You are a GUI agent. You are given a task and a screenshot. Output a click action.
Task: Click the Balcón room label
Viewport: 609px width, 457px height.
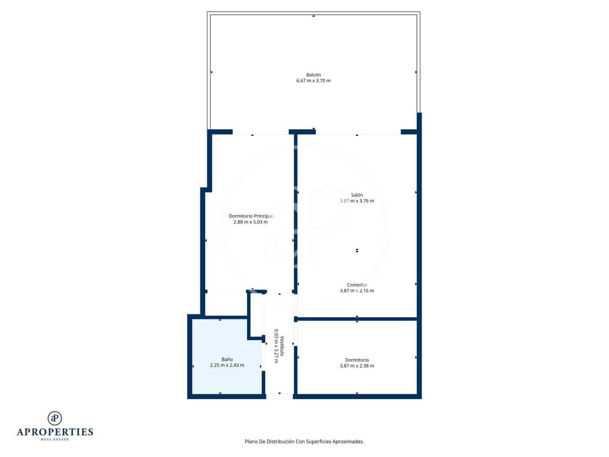coord(313,75)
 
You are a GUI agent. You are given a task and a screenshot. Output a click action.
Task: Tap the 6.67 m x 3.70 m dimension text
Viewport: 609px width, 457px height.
coord(313,81)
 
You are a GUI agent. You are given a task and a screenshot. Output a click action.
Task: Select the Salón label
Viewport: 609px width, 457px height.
coord(357,195)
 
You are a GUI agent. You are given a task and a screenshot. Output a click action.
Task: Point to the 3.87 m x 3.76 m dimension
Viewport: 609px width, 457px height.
coord(357,201)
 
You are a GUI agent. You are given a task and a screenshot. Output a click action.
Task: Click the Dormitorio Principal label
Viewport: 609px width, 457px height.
coord(251,216)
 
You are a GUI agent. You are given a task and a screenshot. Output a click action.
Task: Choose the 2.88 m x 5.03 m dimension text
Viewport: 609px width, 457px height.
coord(251,222)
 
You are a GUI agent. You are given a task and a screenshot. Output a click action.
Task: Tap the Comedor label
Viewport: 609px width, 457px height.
coord(357,285)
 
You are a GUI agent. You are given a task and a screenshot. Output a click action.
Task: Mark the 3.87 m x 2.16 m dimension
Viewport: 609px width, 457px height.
coord(357,291)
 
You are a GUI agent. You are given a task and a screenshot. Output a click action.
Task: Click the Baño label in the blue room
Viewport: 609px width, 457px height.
coord(227,360)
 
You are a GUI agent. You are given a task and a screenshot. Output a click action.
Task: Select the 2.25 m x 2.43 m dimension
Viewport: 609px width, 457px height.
coord(227,365)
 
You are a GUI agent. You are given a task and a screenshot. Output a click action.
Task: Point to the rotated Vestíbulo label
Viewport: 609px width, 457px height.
coord(282,346)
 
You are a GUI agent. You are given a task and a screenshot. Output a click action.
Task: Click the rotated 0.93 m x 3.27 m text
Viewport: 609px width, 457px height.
coord(276,346)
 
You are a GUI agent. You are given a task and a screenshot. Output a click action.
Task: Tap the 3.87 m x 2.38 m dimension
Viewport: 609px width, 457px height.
coord(357,366)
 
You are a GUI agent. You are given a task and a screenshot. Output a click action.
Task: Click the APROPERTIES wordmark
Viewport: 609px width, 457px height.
coord(55,432)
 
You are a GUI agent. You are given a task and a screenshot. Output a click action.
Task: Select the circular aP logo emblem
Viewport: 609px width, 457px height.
coord(55,418)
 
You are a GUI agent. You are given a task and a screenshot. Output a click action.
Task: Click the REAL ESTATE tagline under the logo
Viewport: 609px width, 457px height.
coord(55,440)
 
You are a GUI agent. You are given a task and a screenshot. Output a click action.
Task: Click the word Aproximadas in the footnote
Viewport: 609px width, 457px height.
coord(348,441)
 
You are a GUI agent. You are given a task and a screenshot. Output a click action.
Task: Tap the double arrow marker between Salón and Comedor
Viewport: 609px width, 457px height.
coord(357,250)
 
